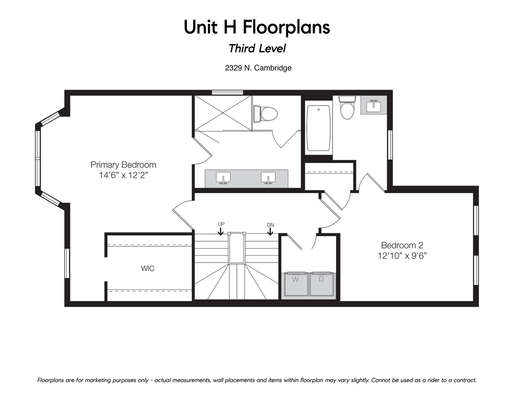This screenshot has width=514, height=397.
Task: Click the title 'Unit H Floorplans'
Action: tap(257, 27)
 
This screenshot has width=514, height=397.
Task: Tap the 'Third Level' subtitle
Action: tap(257, 49)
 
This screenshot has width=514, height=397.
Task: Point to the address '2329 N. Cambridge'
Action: tap(258, 68)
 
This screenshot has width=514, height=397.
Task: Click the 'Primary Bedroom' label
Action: tap(123, 165)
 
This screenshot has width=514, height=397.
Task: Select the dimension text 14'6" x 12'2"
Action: tap(123, 175)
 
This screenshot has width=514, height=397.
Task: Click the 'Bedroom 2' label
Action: tap(402, 245)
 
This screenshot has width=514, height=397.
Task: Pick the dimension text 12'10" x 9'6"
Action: tap(402, 256)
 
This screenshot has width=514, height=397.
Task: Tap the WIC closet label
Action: tap(148, 269)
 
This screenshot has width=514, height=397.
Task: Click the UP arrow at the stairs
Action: tap(220, 231)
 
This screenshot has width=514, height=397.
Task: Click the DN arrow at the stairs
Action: tap(270, 231)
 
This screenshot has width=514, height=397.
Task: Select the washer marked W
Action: tap(296, 284)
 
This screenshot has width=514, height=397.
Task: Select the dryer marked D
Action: tap(322, 284)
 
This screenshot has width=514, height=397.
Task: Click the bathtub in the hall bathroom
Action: tap(318, 128)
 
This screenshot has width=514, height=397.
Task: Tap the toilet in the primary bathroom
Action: tap(265, 114)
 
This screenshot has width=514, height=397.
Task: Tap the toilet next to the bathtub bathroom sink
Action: tap(347, 107)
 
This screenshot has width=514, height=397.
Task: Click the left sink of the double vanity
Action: tap(223, 177)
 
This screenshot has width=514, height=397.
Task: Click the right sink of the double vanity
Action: tap(268, 177)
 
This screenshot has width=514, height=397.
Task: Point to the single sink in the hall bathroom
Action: tap(373, 106)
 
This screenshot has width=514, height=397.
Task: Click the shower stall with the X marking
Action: tap(223, 113)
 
